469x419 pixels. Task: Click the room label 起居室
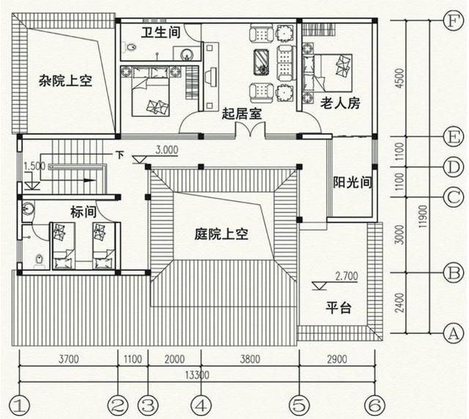tap(243, 114)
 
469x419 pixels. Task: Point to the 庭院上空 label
tap(222, 235)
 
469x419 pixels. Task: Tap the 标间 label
tap(84, 212)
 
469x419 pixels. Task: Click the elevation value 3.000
tap(167, 150)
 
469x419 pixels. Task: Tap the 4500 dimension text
tap(399, 79)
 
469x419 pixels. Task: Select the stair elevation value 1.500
tap(34, 166)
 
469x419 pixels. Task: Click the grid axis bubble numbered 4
tap(201, 404)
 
